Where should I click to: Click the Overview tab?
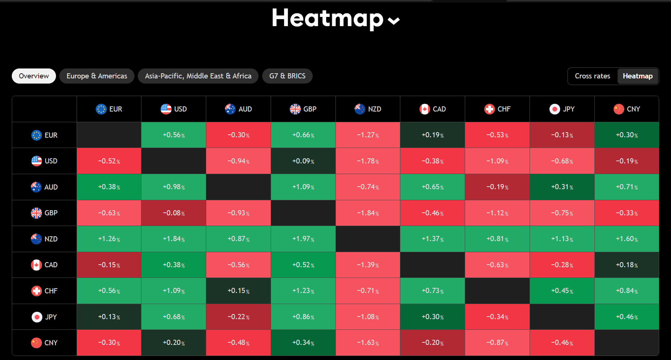point(34,76)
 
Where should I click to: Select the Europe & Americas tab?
point(97,76)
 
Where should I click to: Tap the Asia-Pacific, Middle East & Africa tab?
point(198,76)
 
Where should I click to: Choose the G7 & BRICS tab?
point(287,76)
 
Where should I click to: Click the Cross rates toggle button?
point(592,76)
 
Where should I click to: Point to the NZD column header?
point(368,109)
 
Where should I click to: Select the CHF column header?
point(497,109)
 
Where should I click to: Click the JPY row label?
point(45,317)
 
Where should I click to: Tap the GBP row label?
point(45,213)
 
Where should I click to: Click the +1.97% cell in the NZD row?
point(303,239)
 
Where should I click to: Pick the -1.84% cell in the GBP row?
point(368,213)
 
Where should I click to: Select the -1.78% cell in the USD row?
point(368,161)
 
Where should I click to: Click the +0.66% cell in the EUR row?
point(303,135)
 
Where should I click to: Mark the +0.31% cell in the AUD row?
point(562,187)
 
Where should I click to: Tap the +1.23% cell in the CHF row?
point(303,291)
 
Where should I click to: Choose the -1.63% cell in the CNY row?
point(368,343)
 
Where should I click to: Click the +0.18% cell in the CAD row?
point(627,265)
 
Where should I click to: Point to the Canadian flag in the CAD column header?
point(425,109)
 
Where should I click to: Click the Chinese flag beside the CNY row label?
point(36,343)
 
